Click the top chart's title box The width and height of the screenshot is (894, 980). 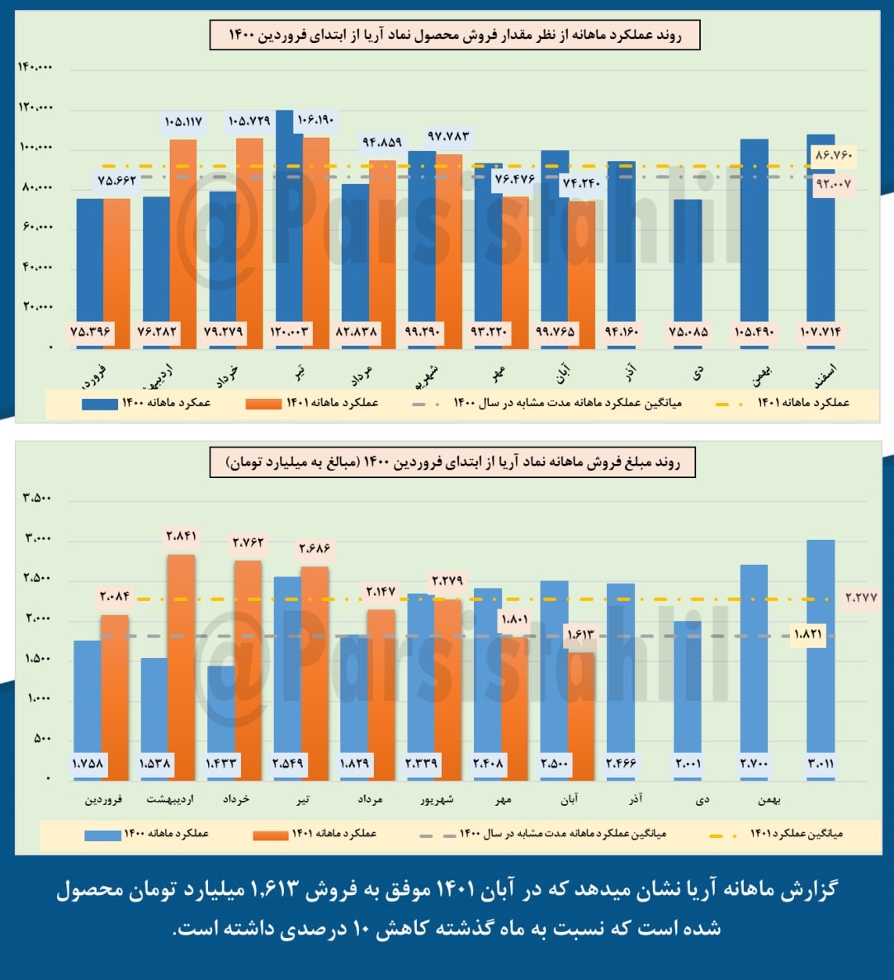click(x=455, y=36)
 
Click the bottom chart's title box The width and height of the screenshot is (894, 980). click(x=452, y=463)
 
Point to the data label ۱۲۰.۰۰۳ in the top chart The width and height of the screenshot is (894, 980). click(x=290, y=332)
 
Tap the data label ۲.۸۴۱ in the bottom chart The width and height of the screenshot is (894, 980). click(x=181, y=537)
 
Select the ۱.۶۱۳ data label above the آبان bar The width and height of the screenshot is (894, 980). click(x=580, y=635)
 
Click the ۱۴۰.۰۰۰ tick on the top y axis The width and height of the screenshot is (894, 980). click(x=35, y=67)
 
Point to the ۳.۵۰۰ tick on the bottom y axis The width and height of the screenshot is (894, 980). click(x=37, y=498)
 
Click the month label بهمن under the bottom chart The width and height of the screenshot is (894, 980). click(x=769, y=799)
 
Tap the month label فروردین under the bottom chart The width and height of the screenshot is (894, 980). click(x=103, y=799)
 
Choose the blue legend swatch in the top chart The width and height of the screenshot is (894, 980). click(x=99, y=404)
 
